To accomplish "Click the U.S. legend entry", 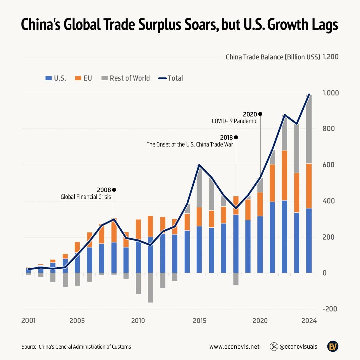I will [56, 78].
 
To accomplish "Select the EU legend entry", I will [83, 78].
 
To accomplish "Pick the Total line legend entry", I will [171, 78].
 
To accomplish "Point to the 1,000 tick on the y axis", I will [331, 93].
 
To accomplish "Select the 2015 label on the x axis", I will [199, 321].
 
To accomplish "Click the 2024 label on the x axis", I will [309, 321].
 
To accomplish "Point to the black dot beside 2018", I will [236, 137].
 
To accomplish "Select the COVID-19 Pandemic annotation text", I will [234, 121].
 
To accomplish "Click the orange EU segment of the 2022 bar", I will [284, 175].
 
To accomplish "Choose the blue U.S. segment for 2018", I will [236, 243].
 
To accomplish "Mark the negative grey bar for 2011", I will [150, 287].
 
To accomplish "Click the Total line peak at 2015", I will [199, 165].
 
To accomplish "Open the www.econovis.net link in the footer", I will [234, 347].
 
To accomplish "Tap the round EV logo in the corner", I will [332, 346].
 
